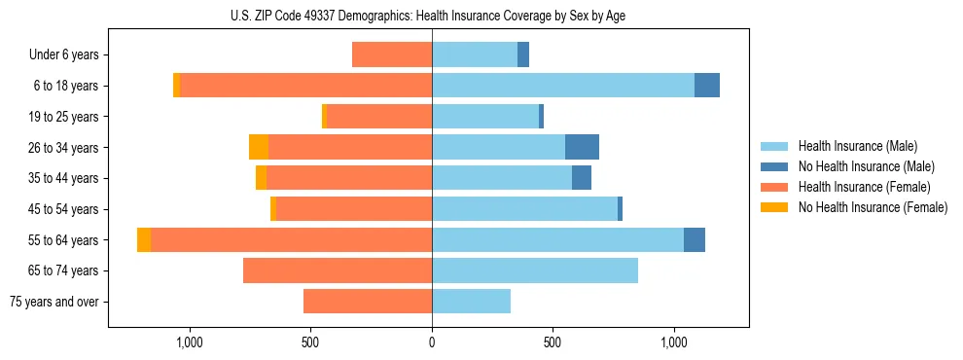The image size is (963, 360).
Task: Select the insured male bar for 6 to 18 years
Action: [563, 86]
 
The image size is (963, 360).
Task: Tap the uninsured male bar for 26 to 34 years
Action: [582, 147]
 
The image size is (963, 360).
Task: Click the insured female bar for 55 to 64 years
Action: [291, 239]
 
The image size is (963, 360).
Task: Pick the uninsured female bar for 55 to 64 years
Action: [144, 239]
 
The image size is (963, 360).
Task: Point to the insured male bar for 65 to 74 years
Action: [535, 270]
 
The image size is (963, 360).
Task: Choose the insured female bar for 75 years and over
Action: [368, 302]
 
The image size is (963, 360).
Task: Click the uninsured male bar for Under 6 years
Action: [523, 54]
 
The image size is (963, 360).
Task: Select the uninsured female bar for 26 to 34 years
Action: [259, 147]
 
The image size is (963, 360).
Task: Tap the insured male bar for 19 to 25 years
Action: [485, 117]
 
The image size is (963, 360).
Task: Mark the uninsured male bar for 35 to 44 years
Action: [582, 178]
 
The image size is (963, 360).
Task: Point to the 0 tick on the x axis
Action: [432, 342]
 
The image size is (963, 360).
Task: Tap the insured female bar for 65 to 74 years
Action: [338, 270]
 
